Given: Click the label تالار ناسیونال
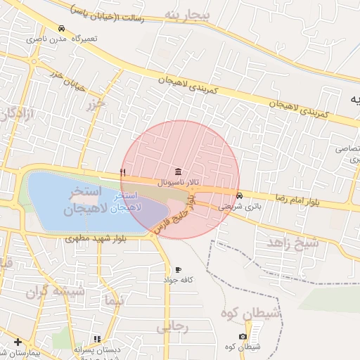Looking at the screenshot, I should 177,182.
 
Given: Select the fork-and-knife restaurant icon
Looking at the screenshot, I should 123,172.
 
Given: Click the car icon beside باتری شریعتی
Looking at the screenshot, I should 240,196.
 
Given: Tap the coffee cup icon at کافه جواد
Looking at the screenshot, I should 178,269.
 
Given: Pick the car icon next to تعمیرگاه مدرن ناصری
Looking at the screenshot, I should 62,28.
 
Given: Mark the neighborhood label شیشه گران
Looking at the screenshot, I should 55,291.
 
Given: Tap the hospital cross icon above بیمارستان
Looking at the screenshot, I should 18,342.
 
